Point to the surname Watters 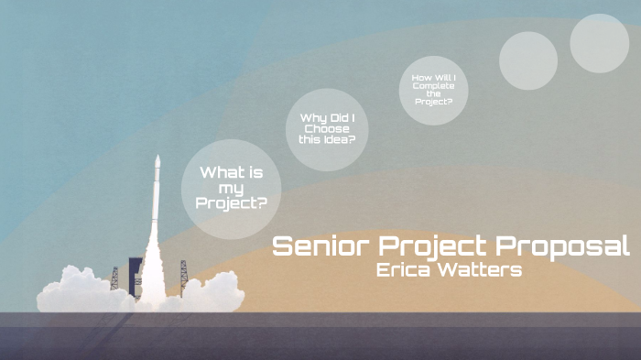tap(491, 271)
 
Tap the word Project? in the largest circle tap(232, 203)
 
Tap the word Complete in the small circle tap(433, 86)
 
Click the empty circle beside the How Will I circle tap(528, 60)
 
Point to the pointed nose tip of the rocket tap(158, 158)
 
